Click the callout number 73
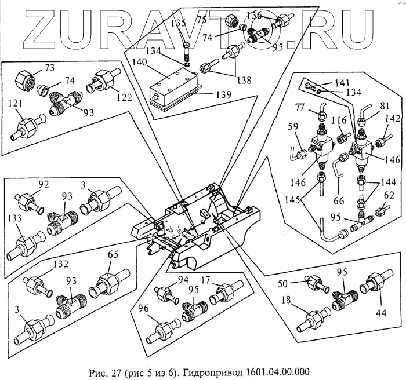click(50, 68)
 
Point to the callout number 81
click(368, 107)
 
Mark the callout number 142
click(392, 119)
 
